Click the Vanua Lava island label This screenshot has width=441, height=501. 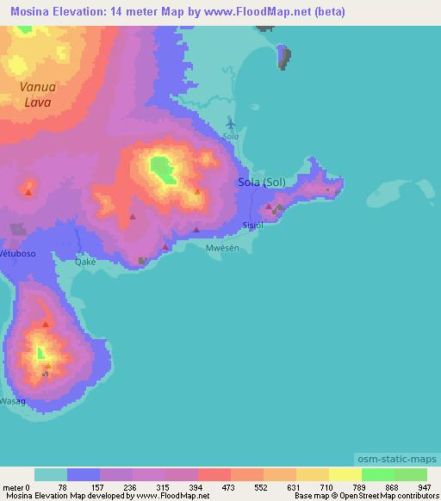click(x=38, y=94)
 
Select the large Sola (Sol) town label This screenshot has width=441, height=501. click(x=261, y=182)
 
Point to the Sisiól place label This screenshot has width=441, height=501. click(x=252, y=226)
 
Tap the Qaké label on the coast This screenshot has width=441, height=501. click(x=84, y=262)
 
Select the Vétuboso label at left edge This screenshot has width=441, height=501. click(x=17, y=255)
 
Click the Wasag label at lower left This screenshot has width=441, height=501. click(x=12, y=401)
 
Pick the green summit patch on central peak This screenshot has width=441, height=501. click(x=161, y=167)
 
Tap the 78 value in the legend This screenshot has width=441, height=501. click(x=62, y=486)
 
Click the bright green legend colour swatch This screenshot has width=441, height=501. click(x=377, y=474)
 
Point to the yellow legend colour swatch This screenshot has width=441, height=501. click(x=345, y=474)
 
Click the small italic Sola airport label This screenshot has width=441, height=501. click(x=230, y=136)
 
